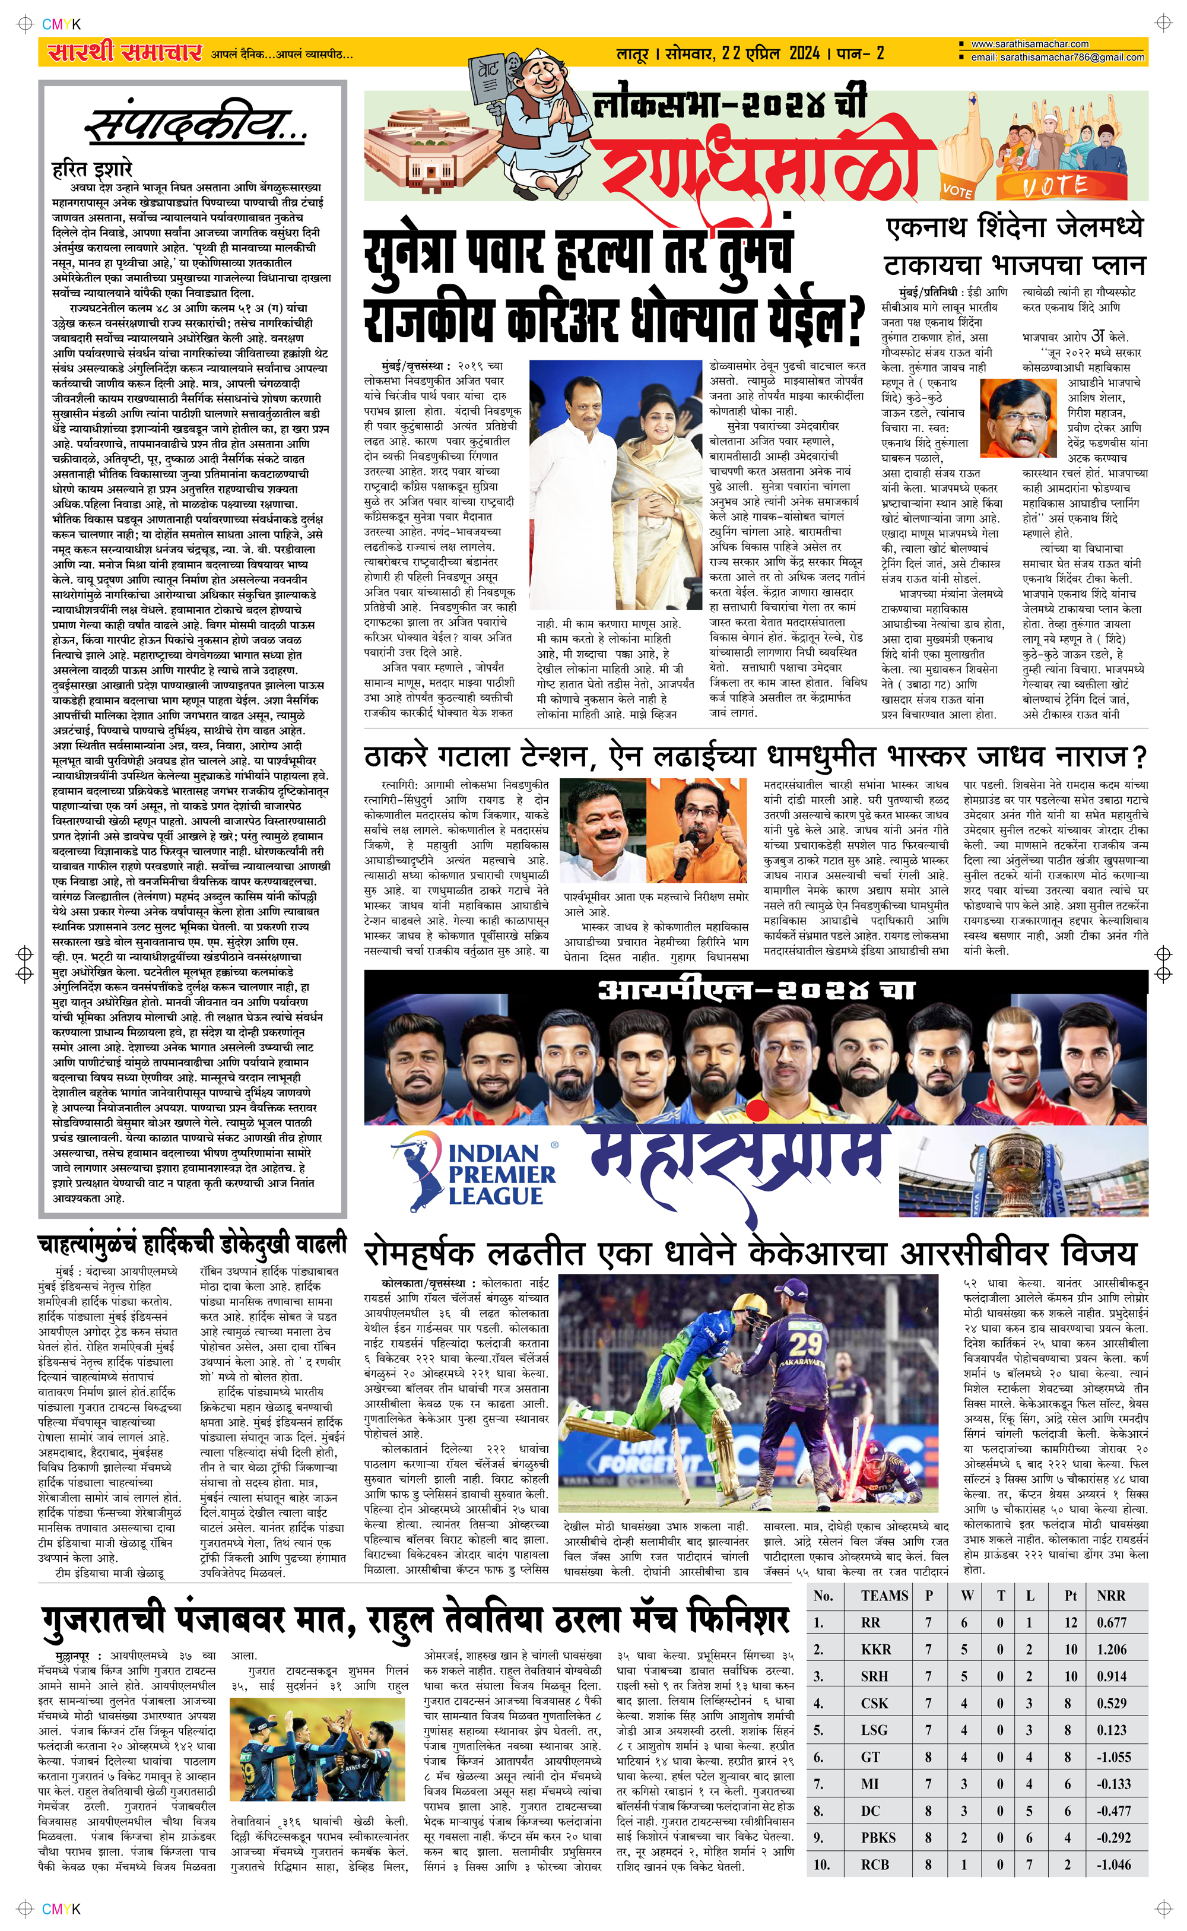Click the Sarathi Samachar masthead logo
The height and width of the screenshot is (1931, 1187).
(125, 53)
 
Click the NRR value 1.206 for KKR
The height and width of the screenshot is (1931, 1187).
(1112, 1649)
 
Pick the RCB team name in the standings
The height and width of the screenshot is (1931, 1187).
(875, 1865)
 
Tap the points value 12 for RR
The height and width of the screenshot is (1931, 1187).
(1071, 1622)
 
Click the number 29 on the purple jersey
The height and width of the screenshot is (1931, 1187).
(805, 1343)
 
